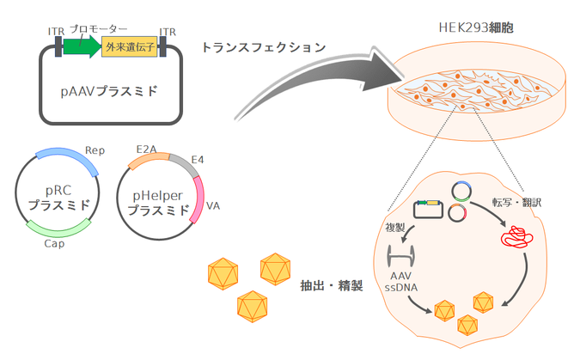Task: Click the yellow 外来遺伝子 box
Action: (x=128, y=47)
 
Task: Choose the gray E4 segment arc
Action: (x=184, y=163)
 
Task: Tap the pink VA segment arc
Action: (x=199, y=199)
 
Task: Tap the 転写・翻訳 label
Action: (x=520, y=203)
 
